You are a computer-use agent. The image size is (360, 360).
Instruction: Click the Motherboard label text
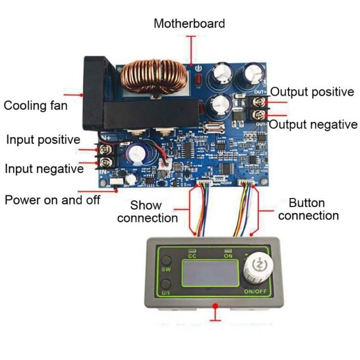(x=189, y=24)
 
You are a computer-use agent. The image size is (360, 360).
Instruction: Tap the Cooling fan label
(x=35, y=106)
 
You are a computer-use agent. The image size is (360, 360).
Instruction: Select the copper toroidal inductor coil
(x=154, y=78)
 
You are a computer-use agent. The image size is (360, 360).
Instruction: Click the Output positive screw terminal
(x=259, y=102)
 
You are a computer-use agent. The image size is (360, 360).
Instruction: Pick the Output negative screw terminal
(x=259, y=115)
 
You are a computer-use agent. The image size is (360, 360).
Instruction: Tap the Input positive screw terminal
(x=106, y=150)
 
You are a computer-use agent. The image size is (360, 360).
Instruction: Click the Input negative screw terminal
(x=106, y=163)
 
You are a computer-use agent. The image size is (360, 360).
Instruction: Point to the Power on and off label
(x=52, y=200)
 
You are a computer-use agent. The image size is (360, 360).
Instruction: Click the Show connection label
(x=147, y=211)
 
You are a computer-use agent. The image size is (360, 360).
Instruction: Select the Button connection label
(x=308, y=209)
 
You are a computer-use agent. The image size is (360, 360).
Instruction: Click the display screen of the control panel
(x=210, y=273)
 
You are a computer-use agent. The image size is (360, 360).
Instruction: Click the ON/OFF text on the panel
(x=255, y=291)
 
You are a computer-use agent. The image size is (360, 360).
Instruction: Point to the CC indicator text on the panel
(x=192, y=256)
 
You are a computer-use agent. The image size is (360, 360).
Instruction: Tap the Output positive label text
(x=312, y=92)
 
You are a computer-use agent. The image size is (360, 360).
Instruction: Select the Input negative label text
(x=44, y=169)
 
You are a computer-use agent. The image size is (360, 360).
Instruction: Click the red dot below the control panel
(x=215, y=306)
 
